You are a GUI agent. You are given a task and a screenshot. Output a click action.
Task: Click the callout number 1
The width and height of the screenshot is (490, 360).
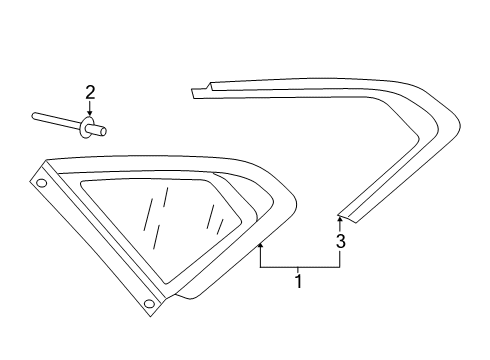tap(299, 282)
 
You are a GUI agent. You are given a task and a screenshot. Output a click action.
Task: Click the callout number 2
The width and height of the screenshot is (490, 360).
tap(90, 92)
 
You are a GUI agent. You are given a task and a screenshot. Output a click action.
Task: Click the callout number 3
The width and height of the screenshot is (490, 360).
tap(340, 241)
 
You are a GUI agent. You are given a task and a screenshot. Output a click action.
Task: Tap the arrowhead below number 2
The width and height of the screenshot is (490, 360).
tap(89, 113)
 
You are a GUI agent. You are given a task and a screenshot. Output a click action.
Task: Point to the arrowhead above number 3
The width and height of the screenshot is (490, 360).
tap(340, 219)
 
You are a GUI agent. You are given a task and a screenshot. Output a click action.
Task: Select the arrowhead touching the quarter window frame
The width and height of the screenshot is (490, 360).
tap(261, 246)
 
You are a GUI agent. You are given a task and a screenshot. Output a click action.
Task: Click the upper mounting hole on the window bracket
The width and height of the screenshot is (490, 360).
tap(41, 183)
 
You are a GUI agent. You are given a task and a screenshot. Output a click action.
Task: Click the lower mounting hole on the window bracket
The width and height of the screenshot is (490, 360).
tap(149, 303)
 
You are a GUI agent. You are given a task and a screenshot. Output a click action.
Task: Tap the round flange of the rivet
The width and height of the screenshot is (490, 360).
tap(85, 128)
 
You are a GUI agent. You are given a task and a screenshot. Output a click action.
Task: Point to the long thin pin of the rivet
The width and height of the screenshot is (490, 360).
tap(56, 120)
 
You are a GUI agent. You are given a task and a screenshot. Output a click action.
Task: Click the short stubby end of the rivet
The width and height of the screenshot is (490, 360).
tap(97, 129)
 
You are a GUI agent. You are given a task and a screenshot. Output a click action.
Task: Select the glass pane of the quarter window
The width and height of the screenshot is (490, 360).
tap(160, 227)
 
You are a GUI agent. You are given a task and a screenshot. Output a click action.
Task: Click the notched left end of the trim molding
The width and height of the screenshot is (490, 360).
tap(201, 91)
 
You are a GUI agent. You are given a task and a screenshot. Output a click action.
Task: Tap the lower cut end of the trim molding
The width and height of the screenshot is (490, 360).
tap(349, 218)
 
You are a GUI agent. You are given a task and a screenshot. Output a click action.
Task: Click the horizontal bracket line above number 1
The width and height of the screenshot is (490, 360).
tap(300, 267)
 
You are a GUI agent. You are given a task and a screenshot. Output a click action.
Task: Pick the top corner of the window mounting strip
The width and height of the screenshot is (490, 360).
tap(47, 161)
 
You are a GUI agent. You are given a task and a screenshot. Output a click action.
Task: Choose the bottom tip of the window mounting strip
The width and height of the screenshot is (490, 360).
tap(150, 315)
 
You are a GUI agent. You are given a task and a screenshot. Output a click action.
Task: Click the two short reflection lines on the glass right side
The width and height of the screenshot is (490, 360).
tap(215, 219)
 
